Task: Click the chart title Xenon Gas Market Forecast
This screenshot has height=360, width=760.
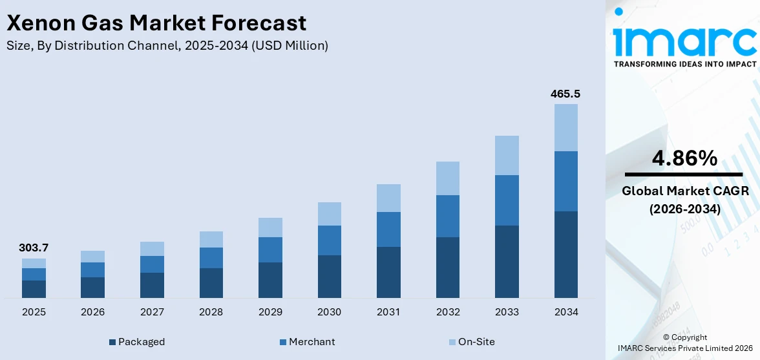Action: coord(156,23)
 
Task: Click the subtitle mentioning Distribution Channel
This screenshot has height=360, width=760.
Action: coord(167,45)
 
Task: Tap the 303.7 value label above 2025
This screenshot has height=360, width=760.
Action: coord(34,248)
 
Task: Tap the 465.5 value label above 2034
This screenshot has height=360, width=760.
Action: coord(565,94)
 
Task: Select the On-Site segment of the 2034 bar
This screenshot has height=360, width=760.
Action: coord(565,127)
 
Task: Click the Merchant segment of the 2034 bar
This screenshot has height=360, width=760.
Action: coord(565,181)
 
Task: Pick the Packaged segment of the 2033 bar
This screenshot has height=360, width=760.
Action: coord(507,261)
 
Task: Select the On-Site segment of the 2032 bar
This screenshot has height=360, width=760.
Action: coord(447,178)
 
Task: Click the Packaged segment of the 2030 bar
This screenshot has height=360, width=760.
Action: coord(329,276)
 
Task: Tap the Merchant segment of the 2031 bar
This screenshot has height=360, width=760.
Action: coord(388,229)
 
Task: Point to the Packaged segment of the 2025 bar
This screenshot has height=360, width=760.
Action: coord(34,289)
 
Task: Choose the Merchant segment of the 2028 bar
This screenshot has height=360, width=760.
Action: coord(211,257)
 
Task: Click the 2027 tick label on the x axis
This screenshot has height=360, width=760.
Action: coord(152,312)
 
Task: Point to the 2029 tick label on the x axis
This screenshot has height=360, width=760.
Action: coord(270,312)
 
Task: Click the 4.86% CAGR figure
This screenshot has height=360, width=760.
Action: coord(684,158)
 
